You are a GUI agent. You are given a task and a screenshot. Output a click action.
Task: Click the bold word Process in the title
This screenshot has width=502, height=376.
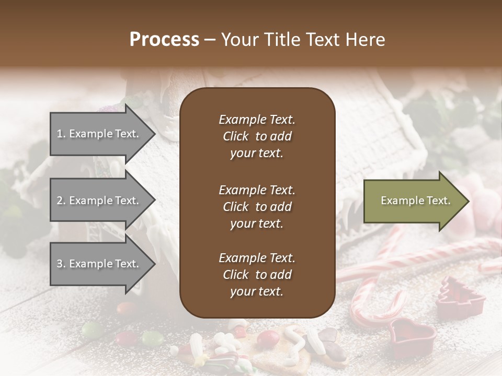click(164, 40)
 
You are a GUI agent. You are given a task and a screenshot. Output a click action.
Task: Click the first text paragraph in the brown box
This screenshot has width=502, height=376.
click(257, 136)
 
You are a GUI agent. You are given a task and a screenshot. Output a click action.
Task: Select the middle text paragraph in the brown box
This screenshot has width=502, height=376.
click(257, 207)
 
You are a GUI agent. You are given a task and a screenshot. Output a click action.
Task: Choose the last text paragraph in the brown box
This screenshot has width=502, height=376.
click(257, 275)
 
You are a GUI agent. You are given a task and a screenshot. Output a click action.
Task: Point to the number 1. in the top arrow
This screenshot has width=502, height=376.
click(61, 134)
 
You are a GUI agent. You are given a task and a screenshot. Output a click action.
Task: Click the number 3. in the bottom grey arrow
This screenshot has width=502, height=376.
click(61, 264)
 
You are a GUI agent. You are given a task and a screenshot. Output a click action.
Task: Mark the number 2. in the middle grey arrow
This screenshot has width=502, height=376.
click(61, 201)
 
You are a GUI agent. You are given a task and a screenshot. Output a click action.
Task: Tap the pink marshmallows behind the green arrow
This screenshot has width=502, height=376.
click(481, 196)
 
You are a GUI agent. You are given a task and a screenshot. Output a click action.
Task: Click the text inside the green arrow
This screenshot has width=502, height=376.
click(415, 201)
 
